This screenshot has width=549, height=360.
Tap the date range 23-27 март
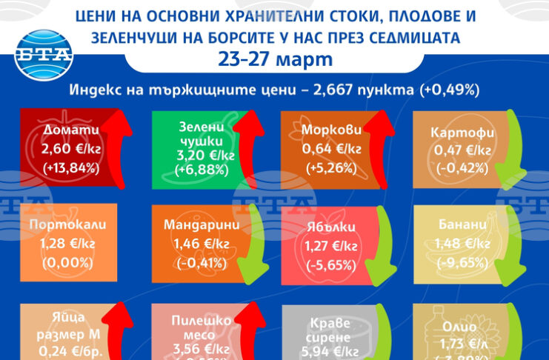[275, 59]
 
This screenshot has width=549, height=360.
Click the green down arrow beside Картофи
[509, 156]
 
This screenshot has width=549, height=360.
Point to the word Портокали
[67, 224]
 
